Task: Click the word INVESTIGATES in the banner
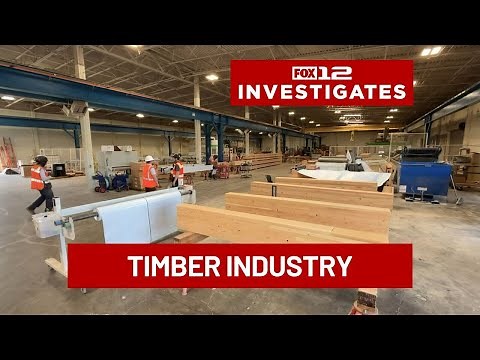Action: (321, 91)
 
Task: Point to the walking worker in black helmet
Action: (40, 184)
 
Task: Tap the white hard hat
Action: (149, 158)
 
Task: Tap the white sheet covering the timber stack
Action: (345, 176)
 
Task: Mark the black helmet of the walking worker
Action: (41, 160)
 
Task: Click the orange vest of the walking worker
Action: (37, 178)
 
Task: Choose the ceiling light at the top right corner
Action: (431, 51)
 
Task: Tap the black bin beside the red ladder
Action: (59, 170)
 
